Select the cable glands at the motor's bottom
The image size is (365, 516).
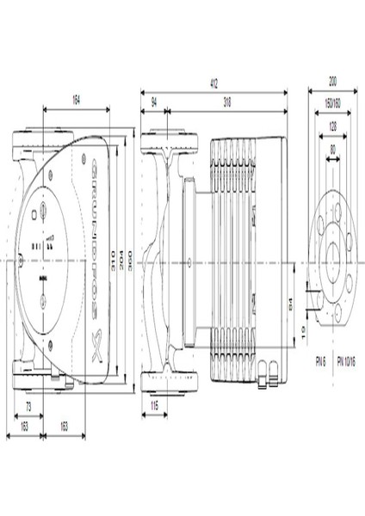(x=266, y=372)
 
